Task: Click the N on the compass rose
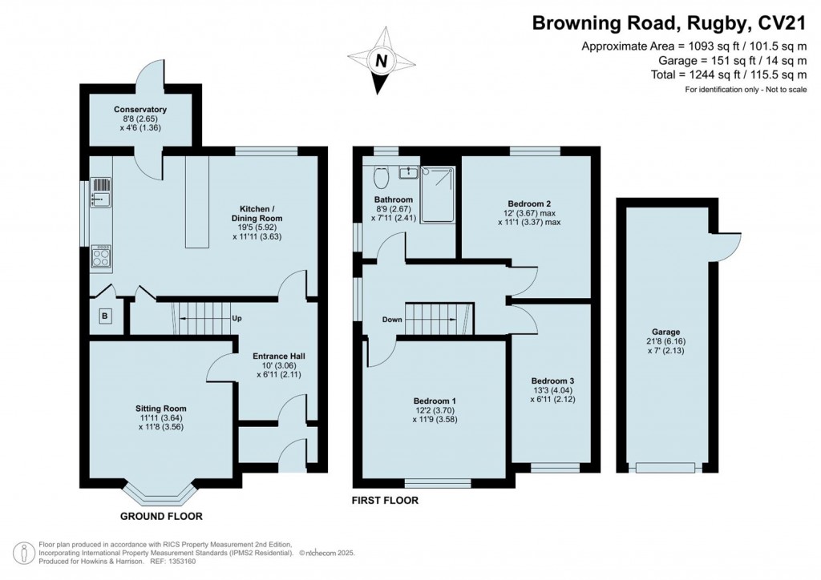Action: tap(382, 61)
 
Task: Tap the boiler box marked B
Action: tap(105, 316)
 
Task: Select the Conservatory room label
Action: tap(140, 109)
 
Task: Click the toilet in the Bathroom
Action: tap(381, 177)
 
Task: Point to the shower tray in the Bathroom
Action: tap(438, 195)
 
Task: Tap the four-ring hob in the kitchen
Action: tap(101, 256)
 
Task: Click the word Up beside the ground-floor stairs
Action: tap(237, 318)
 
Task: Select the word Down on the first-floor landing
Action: tap(392, 320)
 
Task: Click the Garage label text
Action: tap(666, 332)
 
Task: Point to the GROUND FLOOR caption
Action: tap(161, 516)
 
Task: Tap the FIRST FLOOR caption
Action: tap(385, 501)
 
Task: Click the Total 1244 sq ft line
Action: tap(729, 75)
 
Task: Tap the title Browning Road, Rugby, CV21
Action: tap(669, 23)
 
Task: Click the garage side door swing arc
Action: tap(733, 251)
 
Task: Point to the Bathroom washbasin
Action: tap(407, 172)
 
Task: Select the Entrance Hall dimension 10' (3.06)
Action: tap(278, 365)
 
